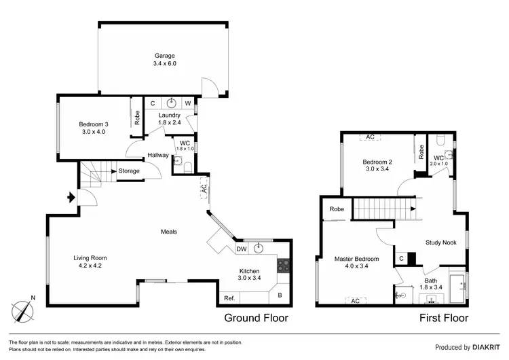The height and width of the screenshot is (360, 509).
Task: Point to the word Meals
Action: (x=169, y=232)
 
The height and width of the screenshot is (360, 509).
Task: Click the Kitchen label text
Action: (x=249, y=273)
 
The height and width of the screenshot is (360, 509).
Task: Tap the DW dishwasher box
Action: (x=241, y=249)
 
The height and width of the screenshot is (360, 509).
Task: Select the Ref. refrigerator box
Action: (x=229, y=297)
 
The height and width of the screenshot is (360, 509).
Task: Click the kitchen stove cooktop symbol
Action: (x=284, y=266)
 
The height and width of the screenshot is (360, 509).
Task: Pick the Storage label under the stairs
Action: (x=129, y=170)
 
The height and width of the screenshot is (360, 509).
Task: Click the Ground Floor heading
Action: (x=257, y=317)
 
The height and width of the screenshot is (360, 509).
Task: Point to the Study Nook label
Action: (x=440, y=242)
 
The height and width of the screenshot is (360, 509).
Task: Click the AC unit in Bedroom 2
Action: (x=370, y=137)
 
